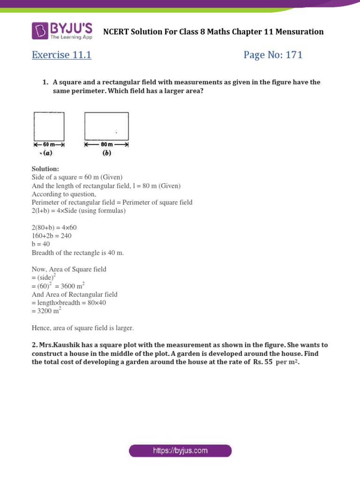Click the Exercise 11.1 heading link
[61, 55]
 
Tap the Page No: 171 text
[273, 55]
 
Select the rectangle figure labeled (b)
[106, 126]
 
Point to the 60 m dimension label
[49, 145]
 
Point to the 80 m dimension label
[107, 145]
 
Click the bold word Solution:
[45, 169]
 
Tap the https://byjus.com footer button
[180, 451]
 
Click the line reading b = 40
[41, 244]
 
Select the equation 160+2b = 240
[52, 236]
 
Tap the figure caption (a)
[46, 153]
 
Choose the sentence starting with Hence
[82, 328]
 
